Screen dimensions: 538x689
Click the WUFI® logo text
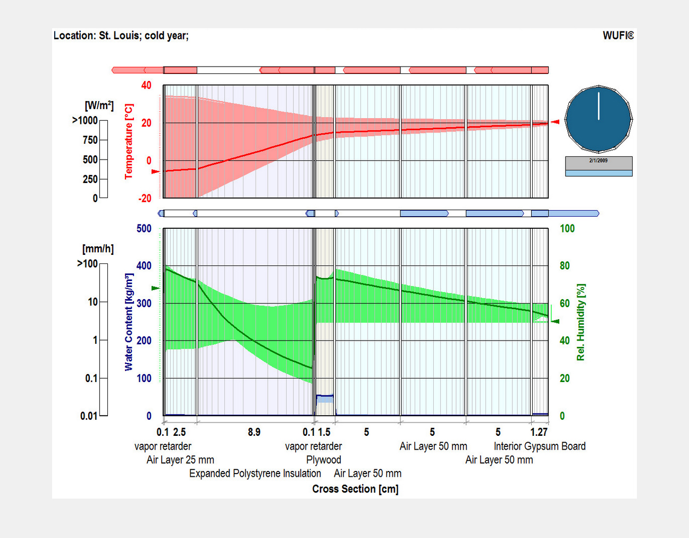(x=618, y=36)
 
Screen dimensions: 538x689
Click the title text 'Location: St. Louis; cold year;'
(x=121, y=36)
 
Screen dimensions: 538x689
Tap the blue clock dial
(x=599, y=119)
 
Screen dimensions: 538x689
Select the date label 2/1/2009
(x=599, y=160)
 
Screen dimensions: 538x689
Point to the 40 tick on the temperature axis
(x=146, y=85)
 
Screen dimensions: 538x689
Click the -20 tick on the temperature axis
(x=145, y=198)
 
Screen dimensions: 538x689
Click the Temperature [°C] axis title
(x=129, y=141)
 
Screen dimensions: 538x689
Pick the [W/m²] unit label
(x=99, y=105)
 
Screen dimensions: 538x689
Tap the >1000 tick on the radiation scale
(x=85, y=120)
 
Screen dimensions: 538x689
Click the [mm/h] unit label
(x=98, y=249)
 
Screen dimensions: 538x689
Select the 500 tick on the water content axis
(x=144, y=229)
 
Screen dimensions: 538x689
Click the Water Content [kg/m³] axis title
(x=129, y=322)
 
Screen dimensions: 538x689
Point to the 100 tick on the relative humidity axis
(x=567, y=229)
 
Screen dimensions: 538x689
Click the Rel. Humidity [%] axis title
(x=581, y=322)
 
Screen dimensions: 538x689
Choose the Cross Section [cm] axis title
(x=355, y=489)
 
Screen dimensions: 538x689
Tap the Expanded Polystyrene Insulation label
(x=255, y=474)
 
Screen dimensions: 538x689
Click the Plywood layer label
(x=324, y=460)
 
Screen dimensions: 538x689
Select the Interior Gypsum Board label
(x=540, y=446)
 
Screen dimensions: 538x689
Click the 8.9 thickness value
(x=254, y=432)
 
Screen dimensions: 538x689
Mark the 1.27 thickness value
(x=539, y=432)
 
